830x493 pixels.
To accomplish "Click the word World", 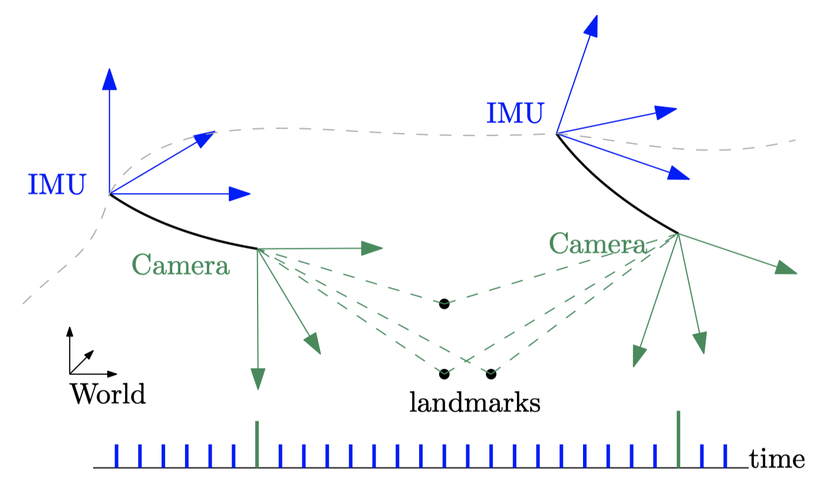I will click(108, 394).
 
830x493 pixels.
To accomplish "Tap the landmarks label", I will click(475, 403).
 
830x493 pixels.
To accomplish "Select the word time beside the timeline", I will click(777, 459).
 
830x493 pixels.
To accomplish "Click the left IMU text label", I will click(57, 185).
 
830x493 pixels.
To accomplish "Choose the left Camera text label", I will click(180, 266).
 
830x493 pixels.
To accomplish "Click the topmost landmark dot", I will click(444, 304).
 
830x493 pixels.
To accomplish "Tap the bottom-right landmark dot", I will click(491, 374).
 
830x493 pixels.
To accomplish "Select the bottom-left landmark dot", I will click(444, 374).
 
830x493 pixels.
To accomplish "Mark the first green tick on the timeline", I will click(257, 444).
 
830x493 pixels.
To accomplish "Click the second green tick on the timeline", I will click(679, 439).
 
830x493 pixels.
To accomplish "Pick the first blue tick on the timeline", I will click(116, 456).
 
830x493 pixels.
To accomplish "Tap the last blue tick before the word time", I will click(725, 456).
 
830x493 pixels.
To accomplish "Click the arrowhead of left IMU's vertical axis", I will click(109, 79).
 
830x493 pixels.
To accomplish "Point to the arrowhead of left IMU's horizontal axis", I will click(240, 194).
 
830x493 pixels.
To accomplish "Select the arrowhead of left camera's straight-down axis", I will click(258, 379).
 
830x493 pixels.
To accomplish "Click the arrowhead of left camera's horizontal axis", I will click(372, 248).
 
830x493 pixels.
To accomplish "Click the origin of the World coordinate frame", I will click(70, 374).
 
